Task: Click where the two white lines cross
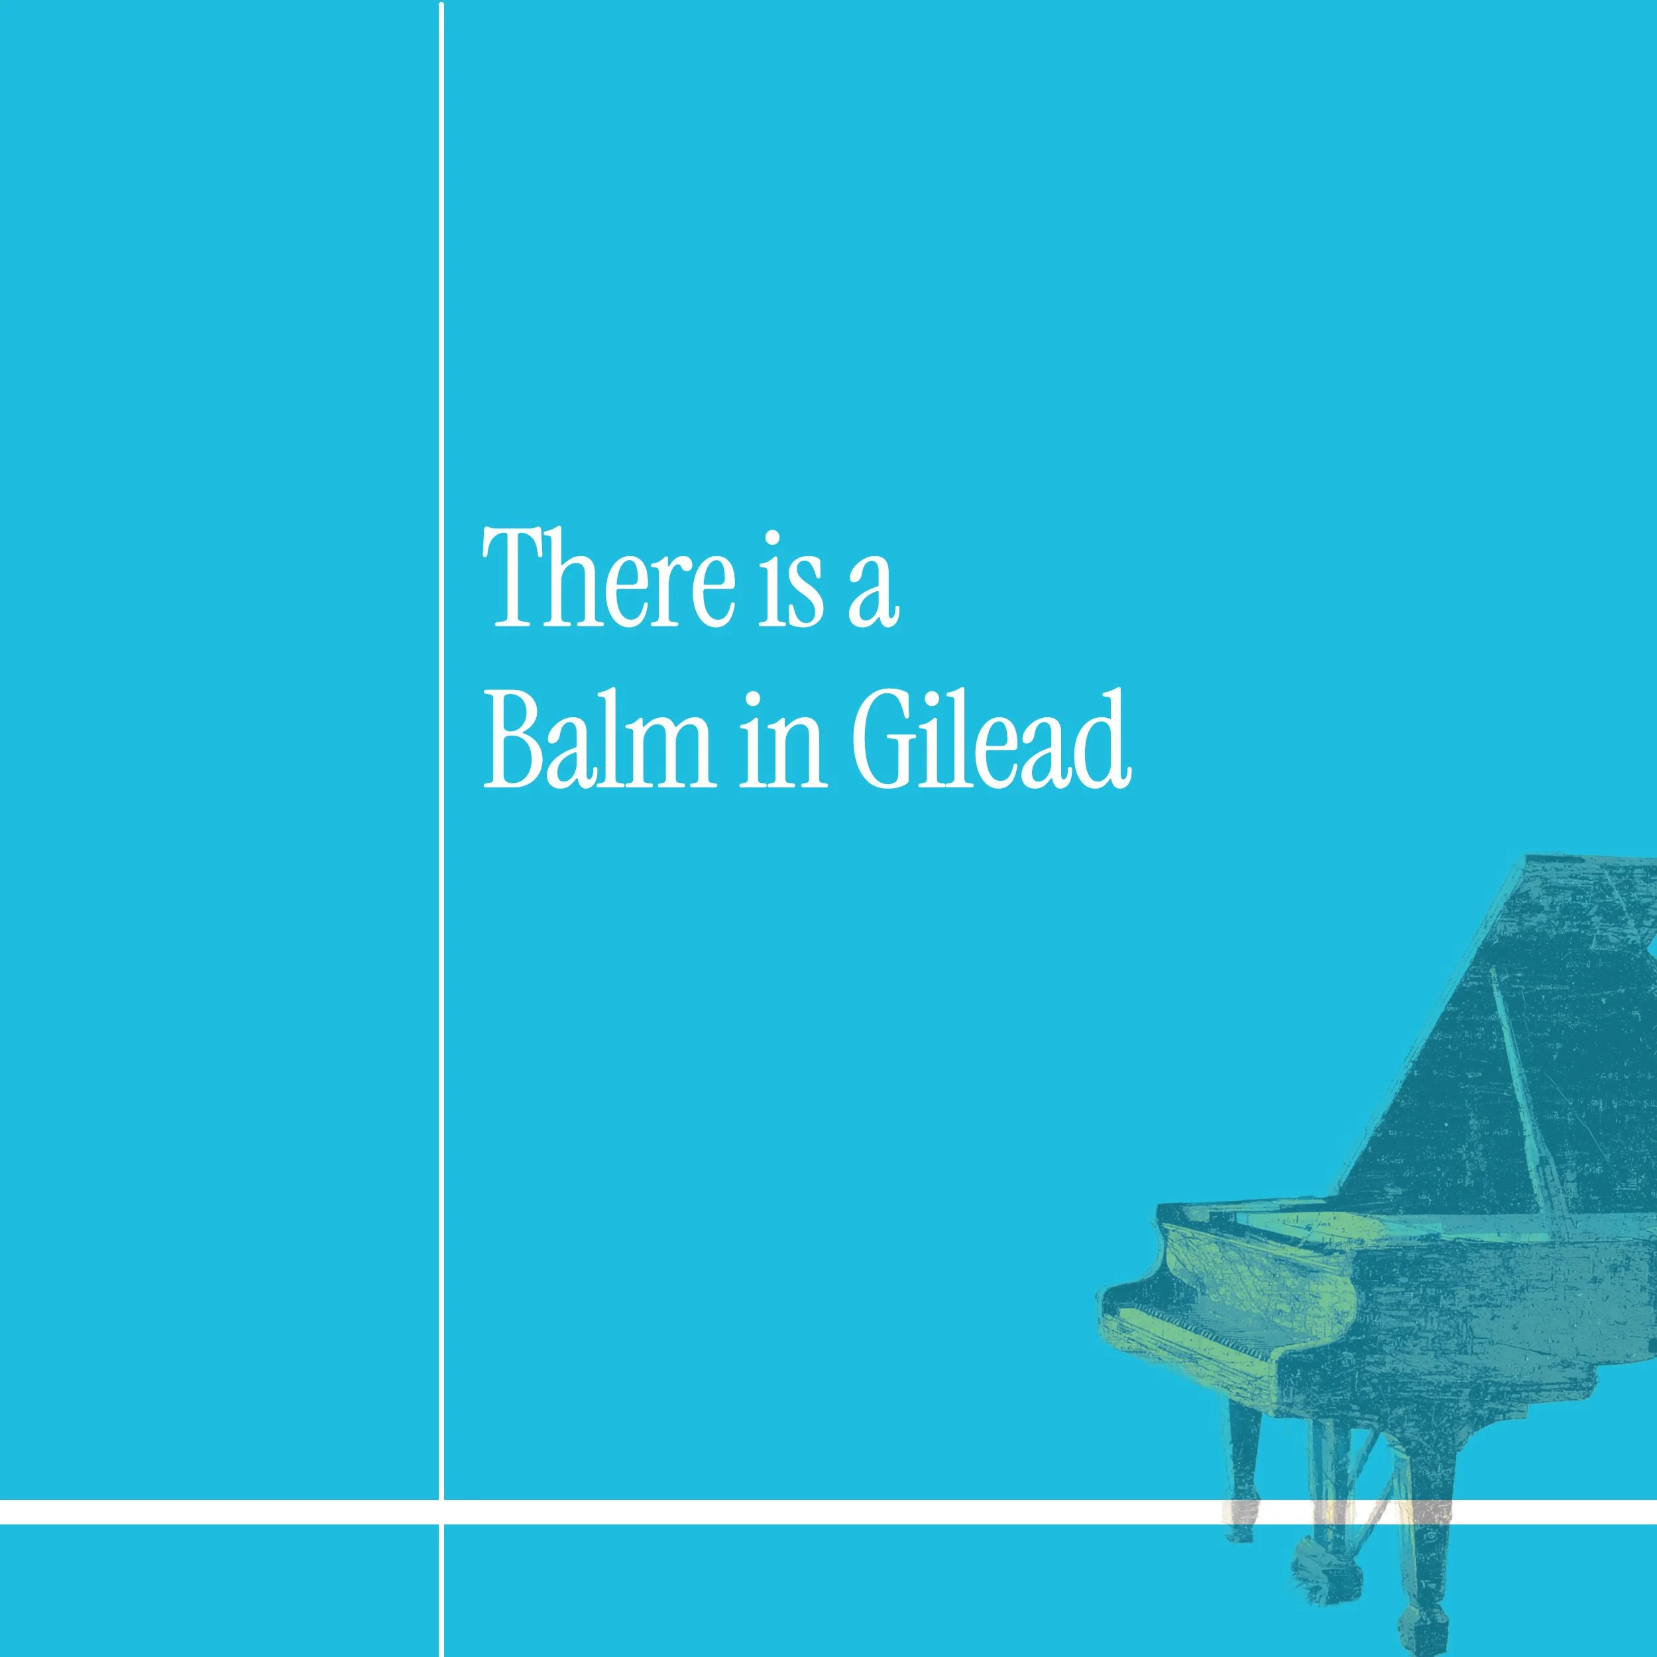click(x=441, y=1512)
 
